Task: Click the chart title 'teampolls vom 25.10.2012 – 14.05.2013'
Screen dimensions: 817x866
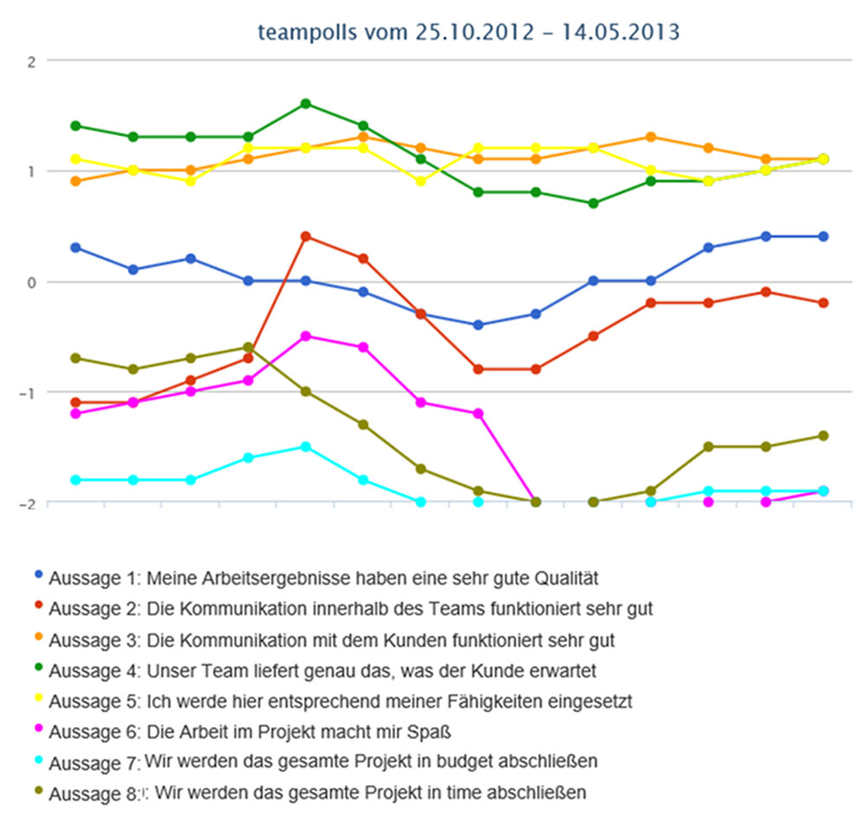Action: pyautogui.click(x=469, y=32)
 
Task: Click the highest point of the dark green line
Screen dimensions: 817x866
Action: pyautogui.click(x=306, y=104)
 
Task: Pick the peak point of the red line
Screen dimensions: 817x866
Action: pyautogui.click(x=306, y=237)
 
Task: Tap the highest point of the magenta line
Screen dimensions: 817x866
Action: pyautogui.click(x=306, y=336)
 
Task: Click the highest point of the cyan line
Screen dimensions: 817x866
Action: pyautogui.click(x=306, y=447)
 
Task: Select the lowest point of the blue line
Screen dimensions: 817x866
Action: pyautogui.click(x=478, y=325)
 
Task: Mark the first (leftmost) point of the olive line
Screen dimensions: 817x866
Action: pyautogui.click(x=75, y=358)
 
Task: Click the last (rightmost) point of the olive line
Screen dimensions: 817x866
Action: pyautogui.click(x=823, y=436)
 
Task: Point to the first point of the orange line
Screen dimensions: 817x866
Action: pyautogui.click(x=75, y=181)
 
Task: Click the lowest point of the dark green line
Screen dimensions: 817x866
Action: pyautogui.click(x=593, y=204)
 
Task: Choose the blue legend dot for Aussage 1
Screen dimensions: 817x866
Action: pyautogui.click(x=38, y=574)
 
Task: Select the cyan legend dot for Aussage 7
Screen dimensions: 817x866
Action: pyautogui.click(x=38, y=761)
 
